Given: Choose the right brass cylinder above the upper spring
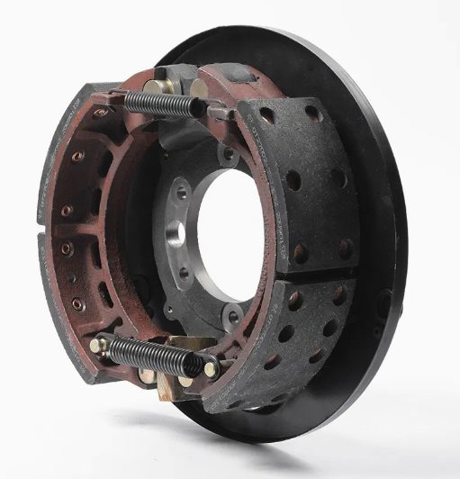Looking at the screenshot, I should coord(197,87).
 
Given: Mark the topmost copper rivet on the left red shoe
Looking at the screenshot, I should coord(100,113).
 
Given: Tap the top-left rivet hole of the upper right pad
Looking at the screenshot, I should coord(266,115).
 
